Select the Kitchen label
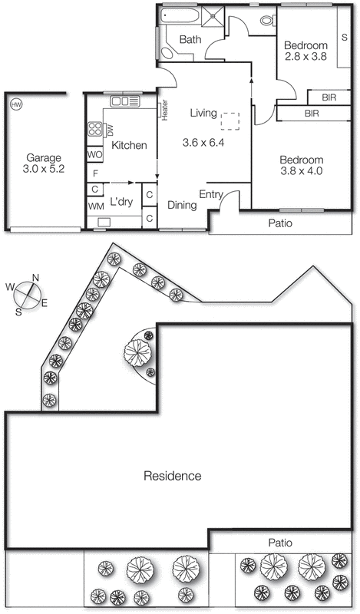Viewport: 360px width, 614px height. [129, 145]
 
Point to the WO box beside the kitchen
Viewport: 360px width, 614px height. [94, 155]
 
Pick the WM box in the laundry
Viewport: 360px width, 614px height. [95, 206]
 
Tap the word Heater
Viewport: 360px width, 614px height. [165, 110]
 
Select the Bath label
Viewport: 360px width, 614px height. [190, 40]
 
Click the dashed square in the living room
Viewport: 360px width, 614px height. [230, 121]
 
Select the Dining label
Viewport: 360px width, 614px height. [182, 205]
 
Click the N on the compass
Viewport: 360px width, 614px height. [35, 279]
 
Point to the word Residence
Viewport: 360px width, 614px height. [173, 476]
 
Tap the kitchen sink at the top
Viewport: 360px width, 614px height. [122, 101]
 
